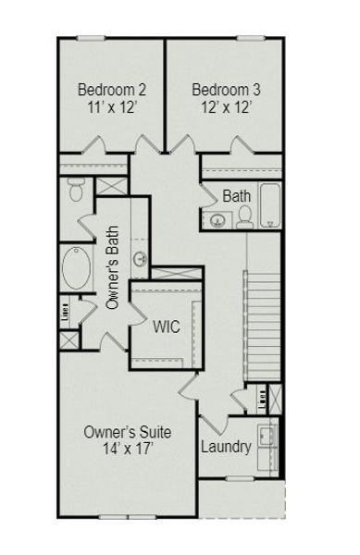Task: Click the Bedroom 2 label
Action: [111, 90]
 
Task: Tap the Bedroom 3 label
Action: [226, 90]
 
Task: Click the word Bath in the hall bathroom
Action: [237, 196]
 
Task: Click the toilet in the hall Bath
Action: [245, 216]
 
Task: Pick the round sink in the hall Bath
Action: [218, 220]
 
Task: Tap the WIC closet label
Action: [167, 327]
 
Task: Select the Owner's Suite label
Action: [127, 432]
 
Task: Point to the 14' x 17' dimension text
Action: [127, 450]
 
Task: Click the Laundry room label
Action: [226, 448]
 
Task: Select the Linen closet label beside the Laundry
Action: [263, 400]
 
